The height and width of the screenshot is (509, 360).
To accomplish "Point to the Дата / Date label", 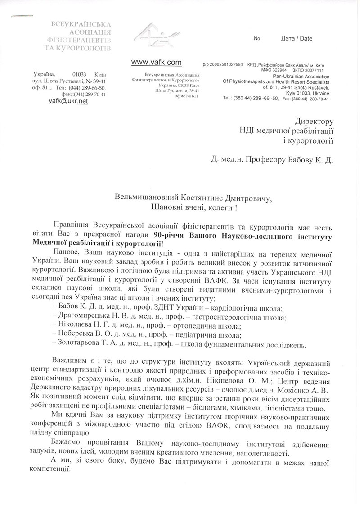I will tap(296, 39).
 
